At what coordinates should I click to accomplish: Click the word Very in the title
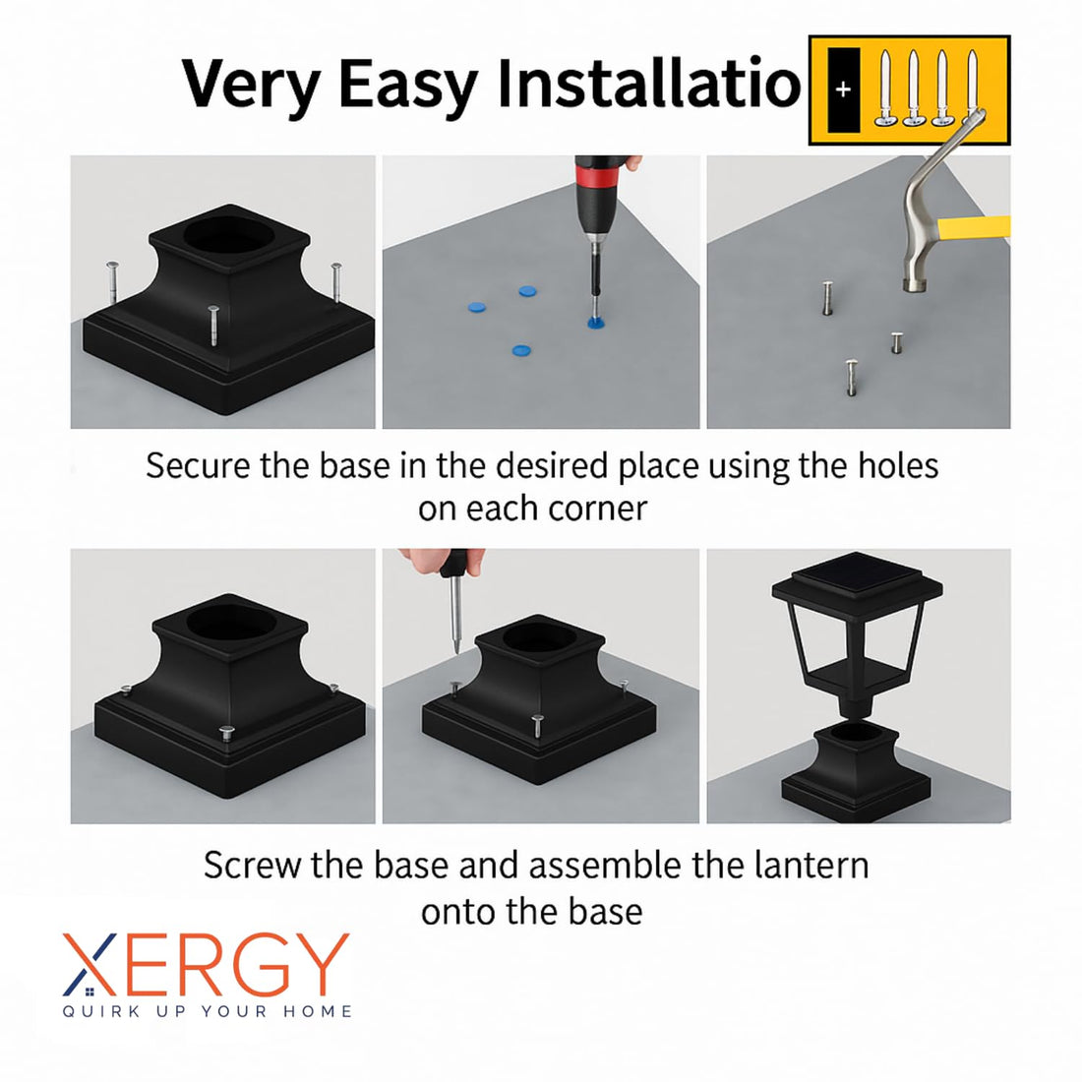pos(250,85)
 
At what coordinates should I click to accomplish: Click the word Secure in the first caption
pos(200,465)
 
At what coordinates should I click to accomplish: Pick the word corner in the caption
pos(597,509)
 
